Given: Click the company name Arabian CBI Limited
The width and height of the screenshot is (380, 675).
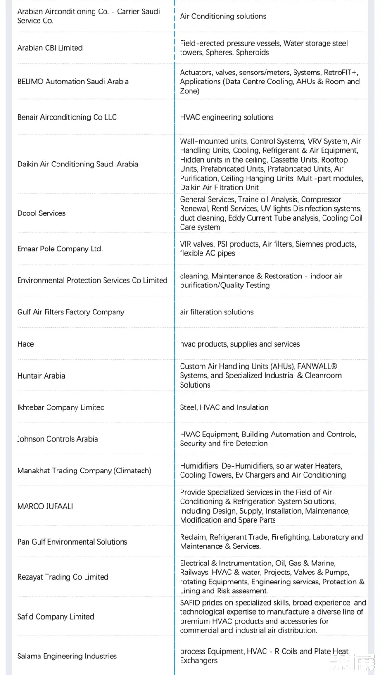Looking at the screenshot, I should point(50,48).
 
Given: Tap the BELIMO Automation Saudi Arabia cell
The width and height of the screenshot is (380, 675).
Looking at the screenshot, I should point(73,82).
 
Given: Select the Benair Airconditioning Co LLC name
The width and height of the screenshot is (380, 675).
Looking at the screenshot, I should point(67,117).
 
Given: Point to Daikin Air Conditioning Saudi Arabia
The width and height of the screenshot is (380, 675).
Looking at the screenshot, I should point(77,164).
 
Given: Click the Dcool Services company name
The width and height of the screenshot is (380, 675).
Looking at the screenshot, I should point(41,213).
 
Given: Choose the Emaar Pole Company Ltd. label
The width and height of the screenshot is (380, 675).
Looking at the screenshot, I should point(60,249).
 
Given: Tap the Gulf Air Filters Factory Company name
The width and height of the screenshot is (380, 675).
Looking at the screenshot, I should point(71,312).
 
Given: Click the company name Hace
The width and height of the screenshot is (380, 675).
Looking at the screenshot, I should point(26,344).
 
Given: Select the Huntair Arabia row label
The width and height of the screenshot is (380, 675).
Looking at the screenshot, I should point(41,376).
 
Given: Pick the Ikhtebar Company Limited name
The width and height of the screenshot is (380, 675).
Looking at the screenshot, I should point(61,407).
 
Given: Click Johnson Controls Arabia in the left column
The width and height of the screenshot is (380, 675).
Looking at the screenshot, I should point(57,439).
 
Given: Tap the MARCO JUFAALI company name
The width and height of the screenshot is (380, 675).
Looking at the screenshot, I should point(45,506).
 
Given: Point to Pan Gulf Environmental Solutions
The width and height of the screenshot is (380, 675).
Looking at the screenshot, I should point(72,542).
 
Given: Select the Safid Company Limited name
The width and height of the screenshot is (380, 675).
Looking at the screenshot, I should point(56,617).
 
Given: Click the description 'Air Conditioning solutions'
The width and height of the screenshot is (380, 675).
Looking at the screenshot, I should point(223,16).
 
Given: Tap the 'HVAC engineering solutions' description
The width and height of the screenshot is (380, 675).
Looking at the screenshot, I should point(227,117).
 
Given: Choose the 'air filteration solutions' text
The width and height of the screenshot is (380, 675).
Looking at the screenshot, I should point(217,312).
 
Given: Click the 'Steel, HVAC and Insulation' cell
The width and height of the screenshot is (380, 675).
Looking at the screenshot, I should point(224,407).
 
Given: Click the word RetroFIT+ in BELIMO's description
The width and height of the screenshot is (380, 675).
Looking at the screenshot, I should point(341,73).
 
